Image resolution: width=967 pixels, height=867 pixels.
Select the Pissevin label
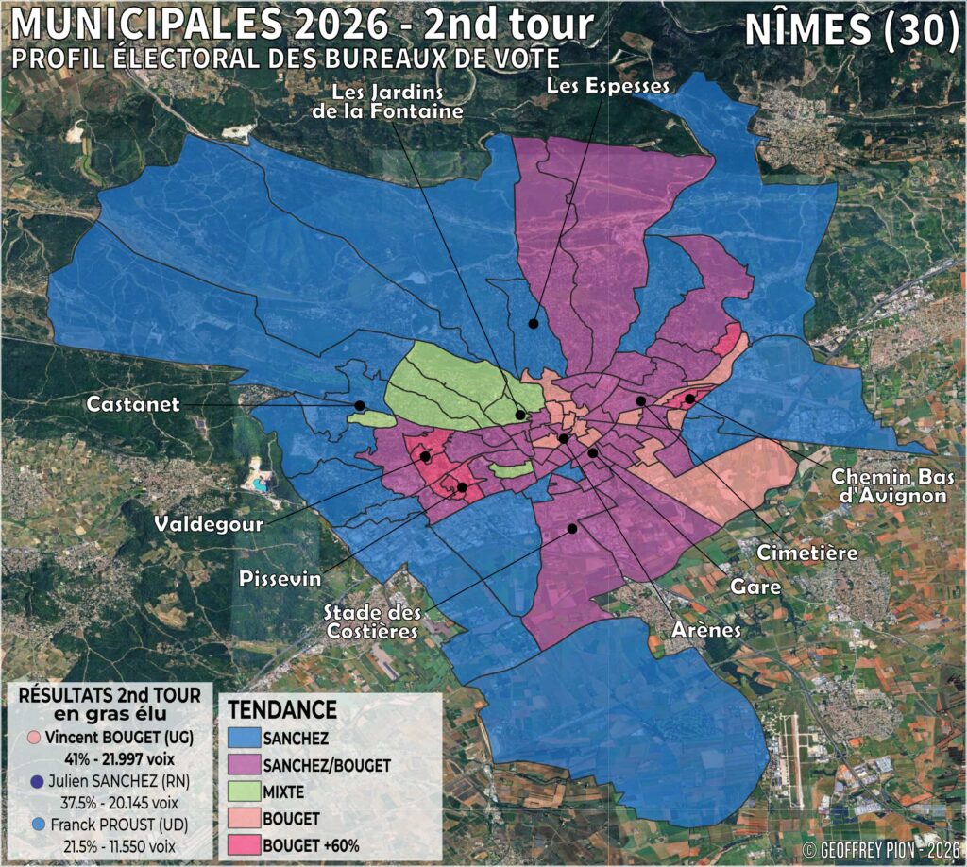pos(279,577)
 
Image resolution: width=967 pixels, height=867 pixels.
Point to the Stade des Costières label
pos(370,620)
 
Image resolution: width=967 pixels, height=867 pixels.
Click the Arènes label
pos(706,629)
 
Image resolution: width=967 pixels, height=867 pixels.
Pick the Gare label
pos(755,586)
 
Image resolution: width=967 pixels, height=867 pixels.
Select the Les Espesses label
pos(608,86)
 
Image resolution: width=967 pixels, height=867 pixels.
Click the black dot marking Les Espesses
pos(534,323)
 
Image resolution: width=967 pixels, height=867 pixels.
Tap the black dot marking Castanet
pos(360,406)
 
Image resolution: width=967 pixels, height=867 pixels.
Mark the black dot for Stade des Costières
pos(571,529)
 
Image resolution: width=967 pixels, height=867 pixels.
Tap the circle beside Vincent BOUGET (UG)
pos(34,737)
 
